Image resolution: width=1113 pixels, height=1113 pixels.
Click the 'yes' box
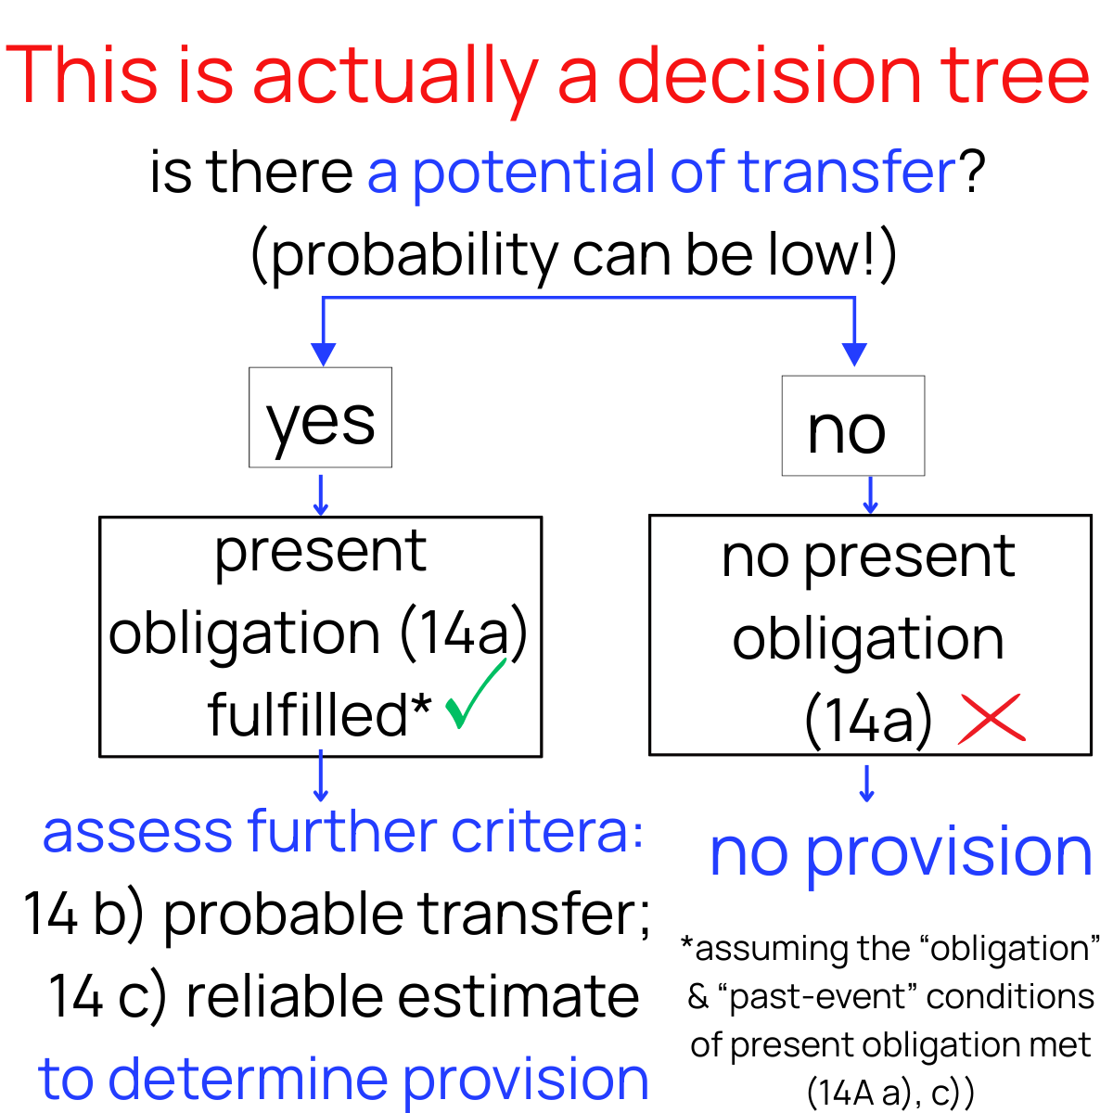tap(320, 417)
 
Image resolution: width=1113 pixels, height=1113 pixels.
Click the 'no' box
tap(852, 426)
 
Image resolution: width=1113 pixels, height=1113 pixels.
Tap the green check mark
tap(474, 697)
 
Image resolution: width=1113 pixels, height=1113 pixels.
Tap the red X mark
tap(991, 718)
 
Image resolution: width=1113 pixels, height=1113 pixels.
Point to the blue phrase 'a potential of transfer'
tap(660, 173)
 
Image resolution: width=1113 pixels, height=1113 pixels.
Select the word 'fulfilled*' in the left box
tap(319, 714)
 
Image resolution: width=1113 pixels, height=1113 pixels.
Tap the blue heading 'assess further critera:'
tap(343, 831)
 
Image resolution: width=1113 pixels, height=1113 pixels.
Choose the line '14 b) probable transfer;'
tap(336, 914)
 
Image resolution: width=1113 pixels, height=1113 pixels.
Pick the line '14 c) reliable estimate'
tap(343, 996)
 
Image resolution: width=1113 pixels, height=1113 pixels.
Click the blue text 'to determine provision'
tap(343, 1079)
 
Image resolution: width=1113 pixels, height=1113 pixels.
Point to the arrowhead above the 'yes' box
tap(323, 353)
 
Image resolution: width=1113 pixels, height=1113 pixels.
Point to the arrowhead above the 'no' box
tap(854, 353)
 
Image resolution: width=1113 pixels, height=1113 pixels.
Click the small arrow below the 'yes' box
tap(321, 495)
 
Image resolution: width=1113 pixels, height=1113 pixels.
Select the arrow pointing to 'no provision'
tap(867, 784)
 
